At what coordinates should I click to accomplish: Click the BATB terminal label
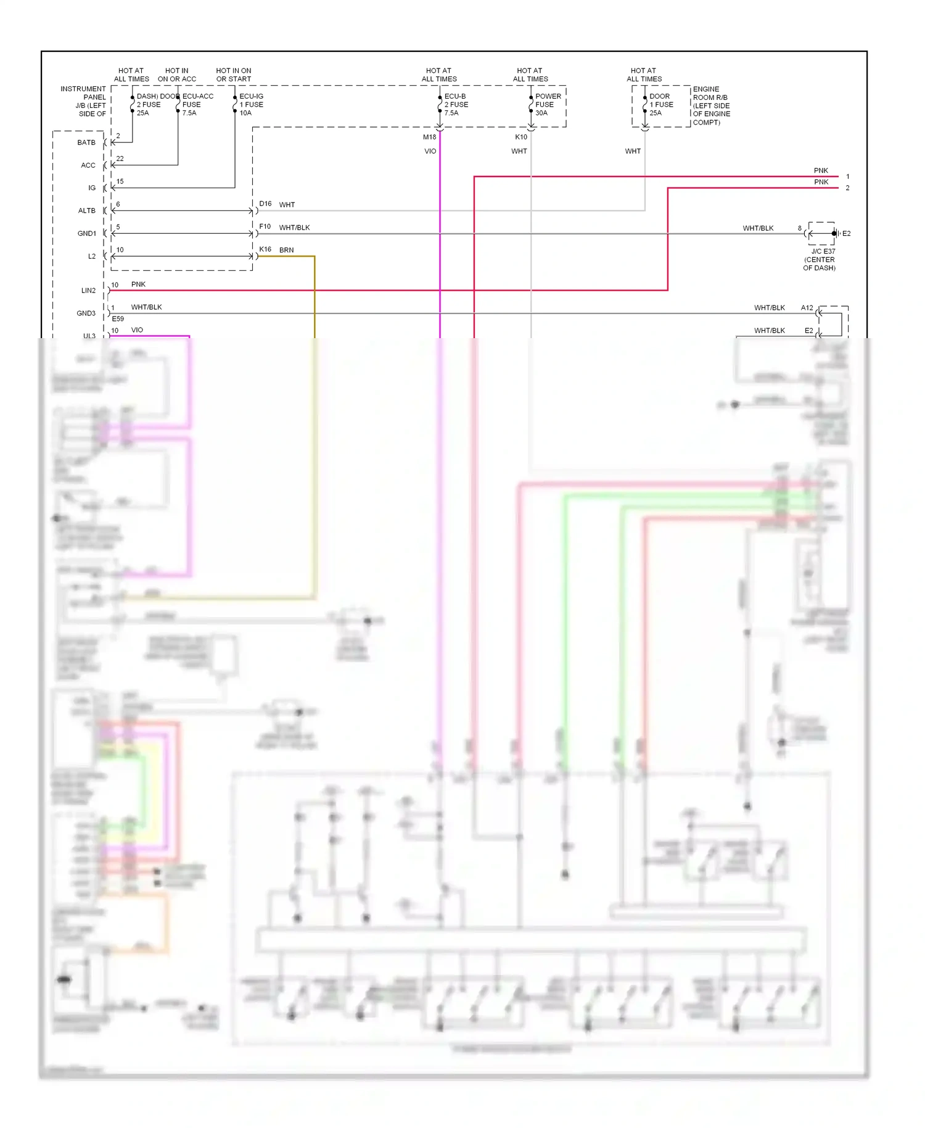tap(86, 143)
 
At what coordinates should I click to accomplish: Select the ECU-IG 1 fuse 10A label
tap(251, 105)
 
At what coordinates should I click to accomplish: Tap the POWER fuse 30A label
tap(548, 105)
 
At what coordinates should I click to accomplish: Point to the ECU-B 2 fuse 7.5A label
tap(456, 105)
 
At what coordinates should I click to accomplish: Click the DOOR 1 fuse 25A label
tap(660, 105)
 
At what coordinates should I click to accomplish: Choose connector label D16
tap(265, 204)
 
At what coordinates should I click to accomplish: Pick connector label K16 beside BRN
tap(265, 249)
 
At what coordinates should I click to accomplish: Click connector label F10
tap(265, 226)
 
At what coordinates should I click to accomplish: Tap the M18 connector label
tap(429, 137)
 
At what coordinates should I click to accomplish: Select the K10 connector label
tap(521, 137)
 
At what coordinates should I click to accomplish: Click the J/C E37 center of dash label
tap(821, 260)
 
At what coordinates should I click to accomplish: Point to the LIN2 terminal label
tap(89, 291)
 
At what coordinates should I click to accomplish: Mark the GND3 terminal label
tap(86, 313)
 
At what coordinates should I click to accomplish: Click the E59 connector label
tap(118, 319)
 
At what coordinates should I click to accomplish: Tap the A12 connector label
tap(807, 308)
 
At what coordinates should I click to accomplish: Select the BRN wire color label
tap(286, 250)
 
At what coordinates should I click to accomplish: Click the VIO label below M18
tap(430, 151)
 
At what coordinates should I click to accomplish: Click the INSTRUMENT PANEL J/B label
tap(84, 101)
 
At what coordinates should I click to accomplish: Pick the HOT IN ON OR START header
tap(234, 75)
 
